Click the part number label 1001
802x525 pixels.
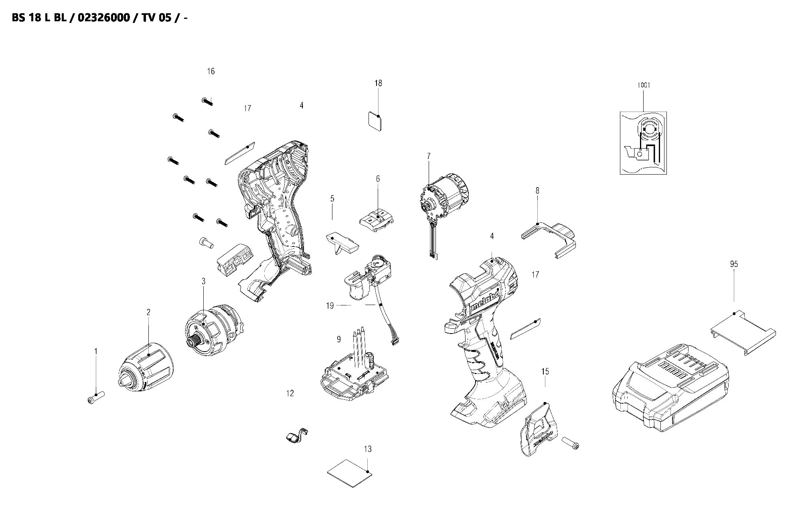tap(643, 85)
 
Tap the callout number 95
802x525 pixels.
tap(734, 264)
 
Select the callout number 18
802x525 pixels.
tap(378, 83)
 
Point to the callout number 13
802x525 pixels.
tap(367, 449)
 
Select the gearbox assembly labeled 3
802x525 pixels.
tap(213, 331)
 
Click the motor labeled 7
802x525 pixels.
tap(445, 201)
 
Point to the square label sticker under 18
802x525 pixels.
tap(375, 121)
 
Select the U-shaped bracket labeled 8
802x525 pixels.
tap(549, 239)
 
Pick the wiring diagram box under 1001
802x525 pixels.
tap(643, 142)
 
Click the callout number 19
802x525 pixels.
tap(330, 306)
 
